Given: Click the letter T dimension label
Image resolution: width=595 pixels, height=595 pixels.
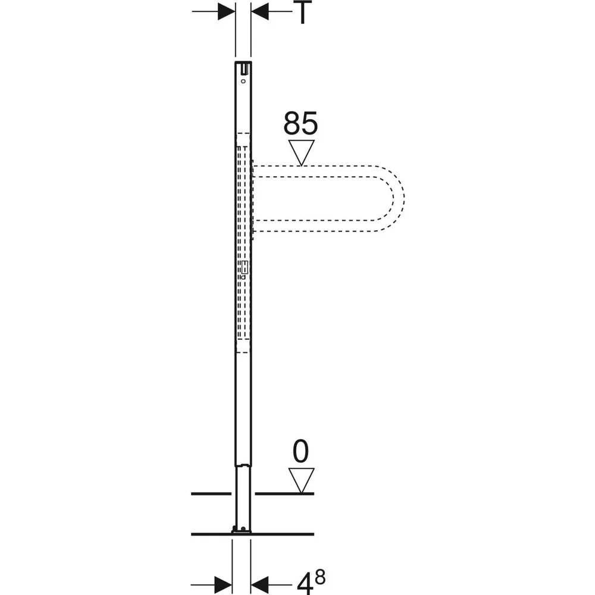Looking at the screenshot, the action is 302,12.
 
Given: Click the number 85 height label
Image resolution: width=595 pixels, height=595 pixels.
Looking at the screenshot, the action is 300,123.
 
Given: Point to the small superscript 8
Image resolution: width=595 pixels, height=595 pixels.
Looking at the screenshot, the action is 320,578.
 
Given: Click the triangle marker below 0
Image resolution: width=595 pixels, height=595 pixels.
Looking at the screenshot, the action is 301,480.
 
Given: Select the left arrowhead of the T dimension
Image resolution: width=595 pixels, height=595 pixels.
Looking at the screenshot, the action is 227,11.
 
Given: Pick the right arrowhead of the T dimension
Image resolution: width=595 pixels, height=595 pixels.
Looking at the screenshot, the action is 260,11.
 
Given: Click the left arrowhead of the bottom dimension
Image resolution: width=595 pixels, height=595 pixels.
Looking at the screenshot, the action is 223,585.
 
